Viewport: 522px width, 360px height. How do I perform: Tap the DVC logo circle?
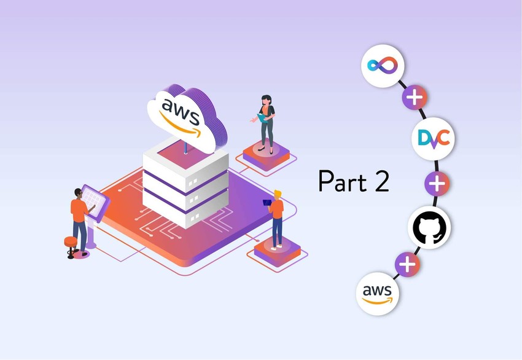(x=432, y=139)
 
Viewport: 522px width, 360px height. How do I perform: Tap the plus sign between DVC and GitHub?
(x=437, y=183)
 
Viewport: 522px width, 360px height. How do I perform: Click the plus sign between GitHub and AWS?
(x=407, y=265)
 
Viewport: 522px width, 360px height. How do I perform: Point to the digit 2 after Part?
(x=380, y=181)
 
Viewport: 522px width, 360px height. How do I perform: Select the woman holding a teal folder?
(x=266, y=122)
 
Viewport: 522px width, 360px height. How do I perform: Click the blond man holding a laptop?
(x=277, y=218)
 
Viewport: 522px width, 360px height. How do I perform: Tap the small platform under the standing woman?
(x=266, y=154)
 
